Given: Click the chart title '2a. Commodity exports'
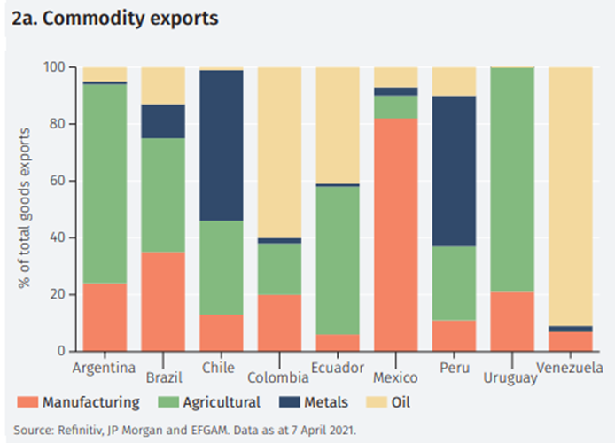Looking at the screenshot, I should (x=116, y=18).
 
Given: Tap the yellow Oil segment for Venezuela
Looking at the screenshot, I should (x=570, y=195).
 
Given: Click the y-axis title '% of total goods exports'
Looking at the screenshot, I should (x=24, y=209).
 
